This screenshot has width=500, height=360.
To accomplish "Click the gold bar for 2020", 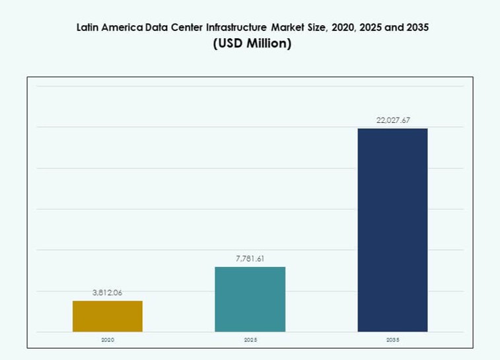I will point(108,316).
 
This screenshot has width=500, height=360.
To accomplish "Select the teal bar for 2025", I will point(250,299).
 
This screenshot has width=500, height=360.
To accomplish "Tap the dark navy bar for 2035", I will point(392,229).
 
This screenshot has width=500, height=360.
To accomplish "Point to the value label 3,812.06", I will point(108,293).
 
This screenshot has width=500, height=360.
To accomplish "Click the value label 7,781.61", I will point(250,258).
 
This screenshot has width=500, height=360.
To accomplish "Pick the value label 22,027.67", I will point(392,120).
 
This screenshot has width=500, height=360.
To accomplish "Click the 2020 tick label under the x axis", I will point(108,340).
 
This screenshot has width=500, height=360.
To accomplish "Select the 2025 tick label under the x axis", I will point(250,340).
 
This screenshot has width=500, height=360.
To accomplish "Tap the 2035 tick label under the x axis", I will point(392,340).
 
